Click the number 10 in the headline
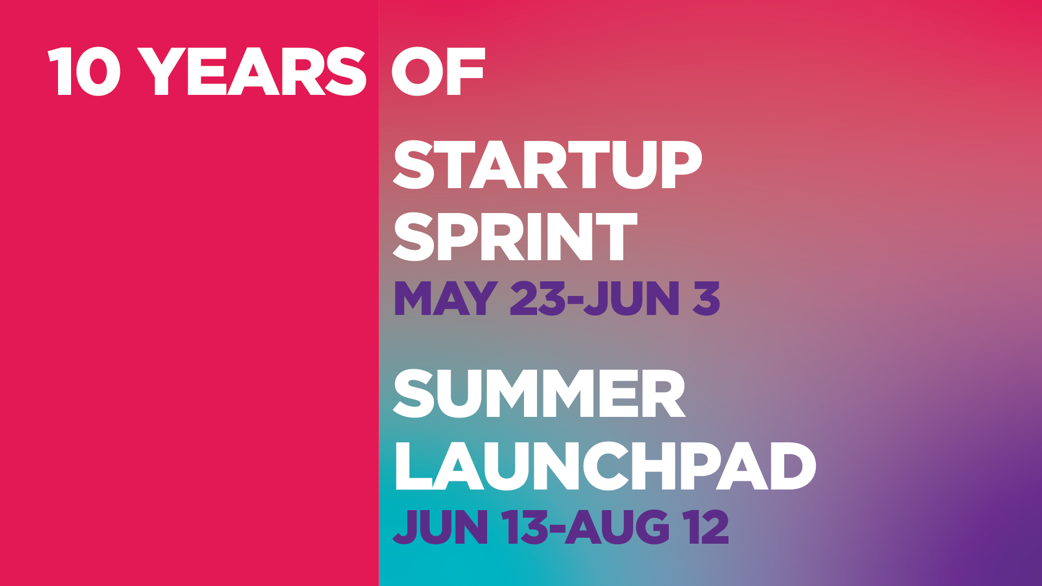(x=84, y=72)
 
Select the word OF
(x=438, y=72)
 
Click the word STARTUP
(x=547, y=165)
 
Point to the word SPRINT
(x=515, y=236)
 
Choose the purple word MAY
(x=446, y=298)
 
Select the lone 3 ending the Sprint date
(x=707, y=298)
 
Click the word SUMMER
(x=539, y=394)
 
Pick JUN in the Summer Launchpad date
(x=440, y=526)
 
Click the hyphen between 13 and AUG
(x=557, y=530)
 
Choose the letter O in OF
(x=417, y=72)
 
